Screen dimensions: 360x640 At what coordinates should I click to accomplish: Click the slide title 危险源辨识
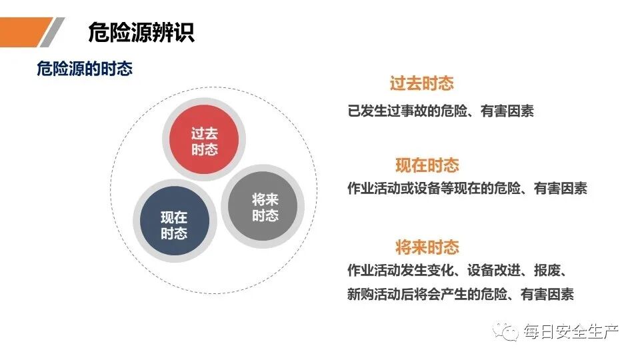pos(141,31)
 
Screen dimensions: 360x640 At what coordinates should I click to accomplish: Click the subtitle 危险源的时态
pos(84,69)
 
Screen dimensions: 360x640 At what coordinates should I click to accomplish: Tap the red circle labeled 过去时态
pos(204,141)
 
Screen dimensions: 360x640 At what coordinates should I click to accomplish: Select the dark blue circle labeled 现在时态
pos(173,224)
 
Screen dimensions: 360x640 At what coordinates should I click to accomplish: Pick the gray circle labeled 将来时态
pos(265,207)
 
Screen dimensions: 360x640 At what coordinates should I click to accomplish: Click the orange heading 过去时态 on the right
pos(421,84)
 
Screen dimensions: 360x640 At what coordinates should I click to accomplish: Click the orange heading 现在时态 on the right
pos(427,165)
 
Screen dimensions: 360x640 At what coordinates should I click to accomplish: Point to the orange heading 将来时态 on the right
pos(427,247)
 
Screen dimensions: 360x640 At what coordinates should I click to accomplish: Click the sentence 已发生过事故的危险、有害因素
pos(440,111)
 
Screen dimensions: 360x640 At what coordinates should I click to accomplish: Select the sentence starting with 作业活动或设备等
pos(467,189)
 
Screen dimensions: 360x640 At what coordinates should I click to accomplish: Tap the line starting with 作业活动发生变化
pos(457,271)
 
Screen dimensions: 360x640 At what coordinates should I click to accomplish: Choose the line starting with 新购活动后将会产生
pos(460,294)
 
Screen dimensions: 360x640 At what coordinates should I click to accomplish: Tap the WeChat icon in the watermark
pos(510,331)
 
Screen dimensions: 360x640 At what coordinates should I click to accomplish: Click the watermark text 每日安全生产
pos(571,331)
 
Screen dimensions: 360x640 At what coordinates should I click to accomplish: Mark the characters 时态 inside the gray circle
pos(265,215)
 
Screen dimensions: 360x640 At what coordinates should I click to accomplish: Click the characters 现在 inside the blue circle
pos(173,217)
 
